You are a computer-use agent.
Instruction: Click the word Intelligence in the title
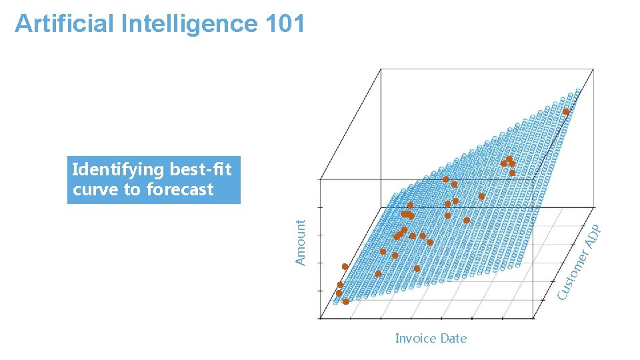coord(190,23)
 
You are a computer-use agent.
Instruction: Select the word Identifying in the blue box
coord(119,169)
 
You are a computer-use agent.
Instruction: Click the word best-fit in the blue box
coord(201,169)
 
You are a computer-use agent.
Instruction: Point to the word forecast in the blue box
coord(180,189)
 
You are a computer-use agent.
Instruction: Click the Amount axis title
coord(301,242)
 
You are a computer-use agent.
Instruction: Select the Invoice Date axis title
coord(431,338)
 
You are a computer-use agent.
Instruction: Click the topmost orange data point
coord(565,111)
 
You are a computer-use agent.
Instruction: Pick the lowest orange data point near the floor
coord(346,302)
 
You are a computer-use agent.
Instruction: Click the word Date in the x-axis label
coord(453,338)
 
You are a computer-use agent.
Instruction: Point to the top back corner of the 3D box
coord(380,69)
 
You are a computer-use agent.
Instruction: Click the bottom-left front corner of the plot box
coord(321,318)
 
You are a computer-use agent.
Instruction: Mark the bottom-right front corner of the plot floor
coord(534,318)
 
